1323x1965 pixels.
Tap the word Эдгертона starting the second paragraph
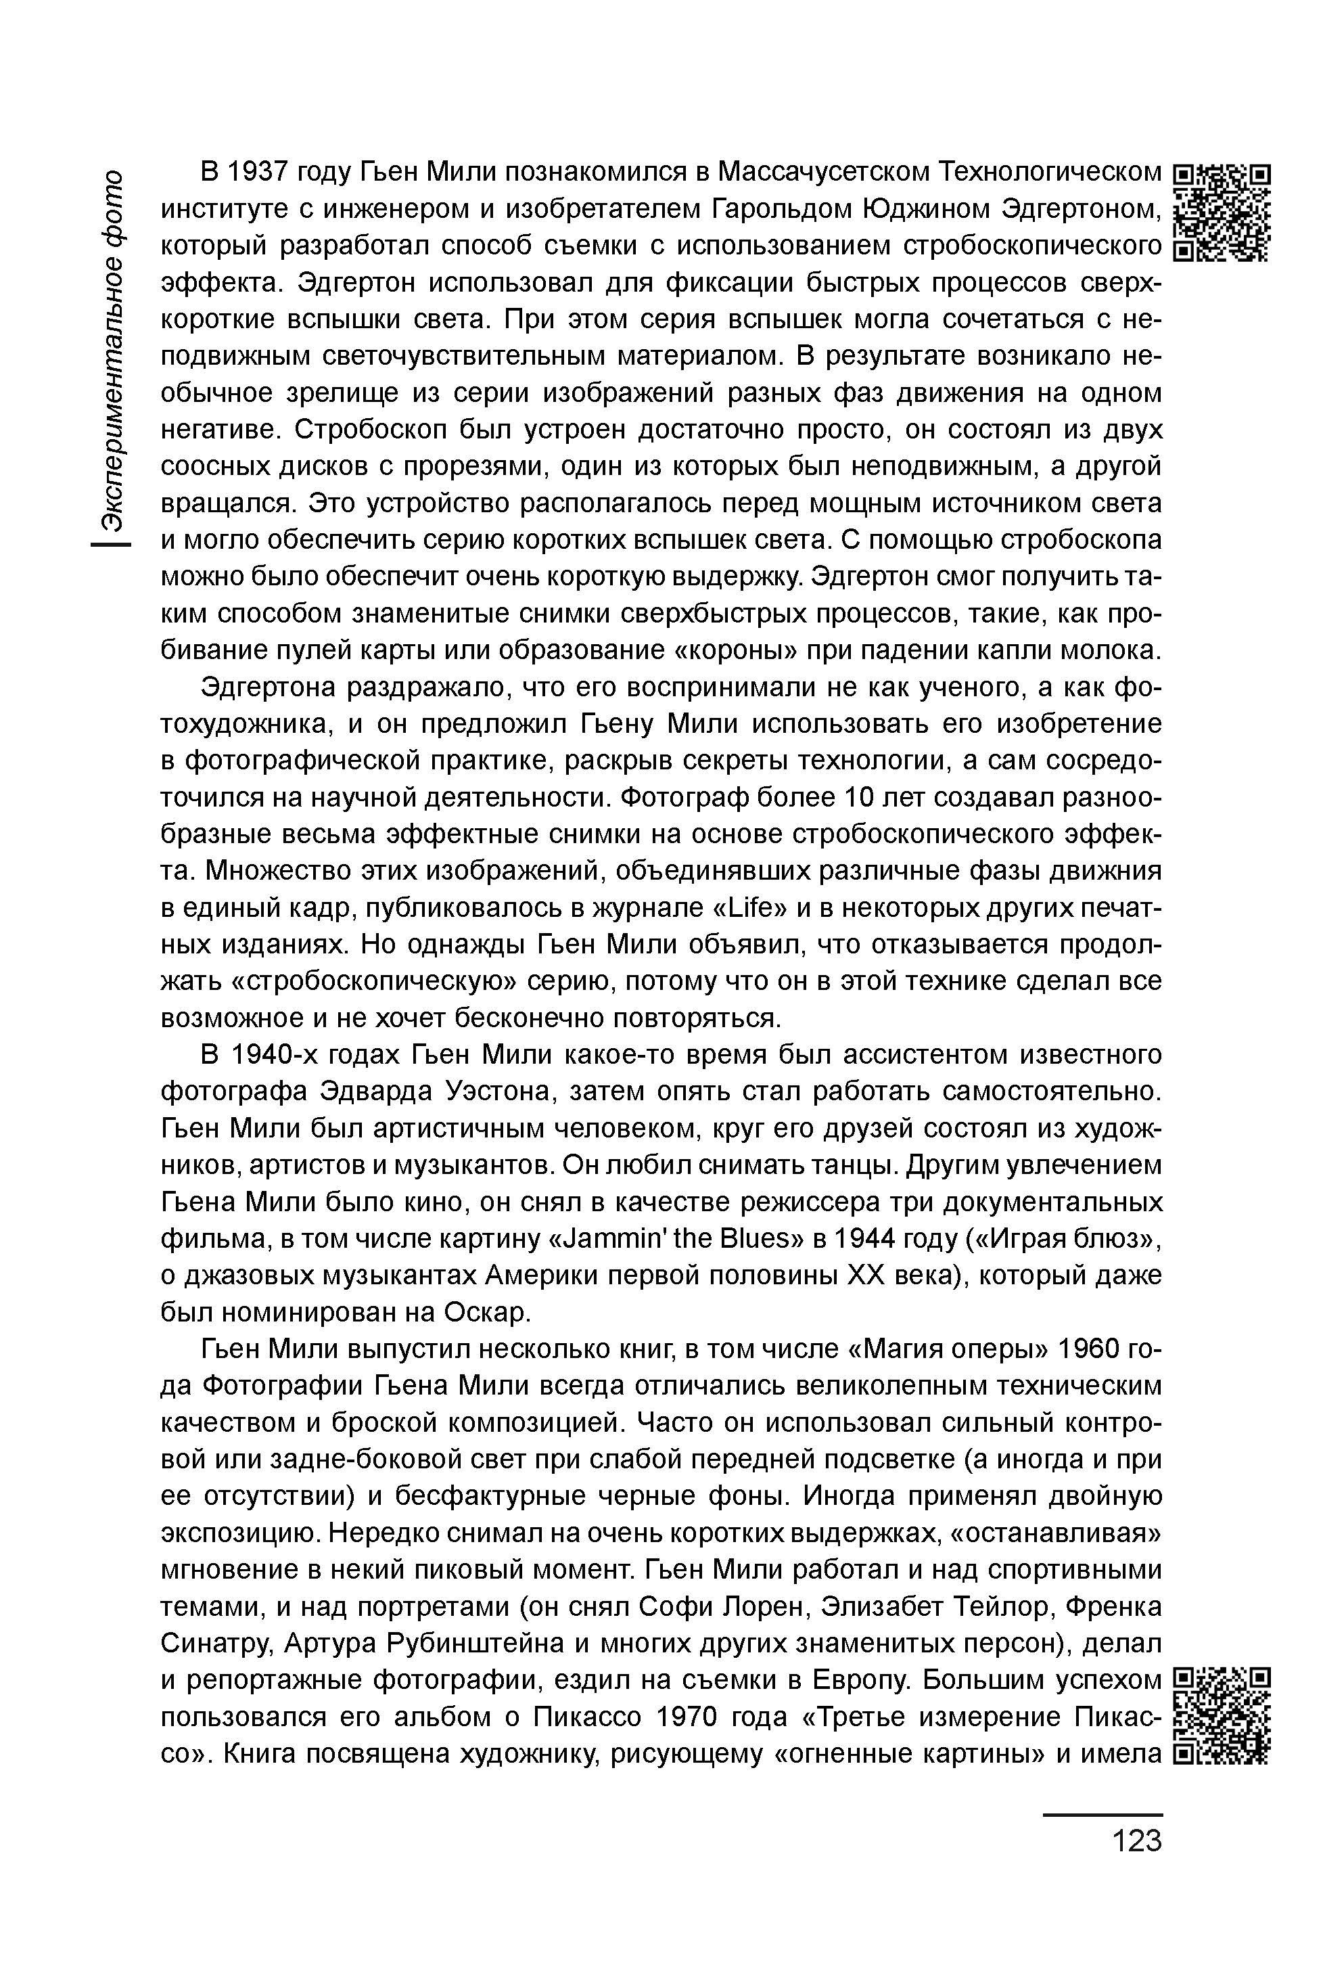[x=269, y=689]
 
